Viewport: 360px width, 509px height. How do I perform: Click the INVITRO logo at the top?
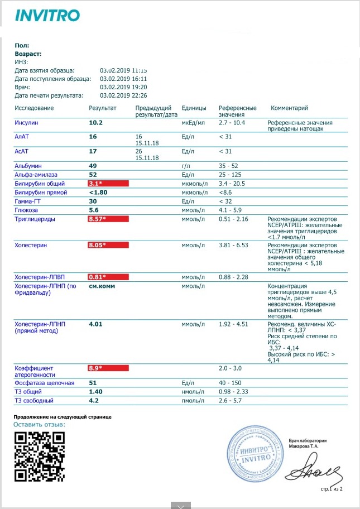coord(47,15)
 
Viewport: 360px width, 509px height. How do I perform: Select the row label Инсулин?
coord(26,122)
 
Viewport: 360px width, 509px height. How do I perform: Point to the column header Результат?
coord(103,108)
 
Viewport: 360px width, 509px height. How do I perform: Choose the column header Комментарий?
coord(289,108)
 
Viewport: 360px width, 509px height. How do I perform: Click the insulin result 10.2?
coord(96,122)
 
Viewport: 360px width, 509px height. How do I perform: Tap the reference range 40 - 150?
coord(231,383)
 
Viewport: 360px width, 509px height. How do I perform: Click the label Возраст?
coord(28,54)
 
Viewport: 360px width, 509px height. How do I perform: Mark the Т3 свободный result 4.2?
coord(94,401)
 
